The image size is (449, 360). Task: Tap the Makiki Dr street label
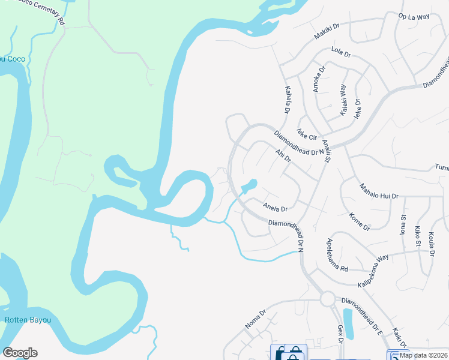[327, 32]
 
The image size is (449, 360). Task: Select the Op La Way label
[414, 17]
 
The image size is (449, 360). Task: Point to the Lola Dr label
[340, 52]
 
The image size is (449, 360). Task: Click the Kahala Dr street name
[287, 100]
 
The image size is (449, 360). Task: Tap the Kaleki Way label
[343, 100]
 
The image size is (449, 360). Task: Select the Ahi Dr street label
[283, 155]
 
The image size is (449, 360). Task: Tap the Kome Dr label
[359, 221]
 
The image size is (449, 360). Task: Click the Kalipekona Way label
[373, 271]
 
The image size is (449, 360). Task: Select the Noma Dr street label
[255, 319]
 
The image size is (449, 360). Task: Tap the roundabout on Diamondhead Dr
[327, 298]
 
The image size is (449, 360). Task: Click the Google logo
[20, 353]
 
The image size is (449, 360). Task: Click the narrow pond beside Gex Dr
[348, 323]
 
